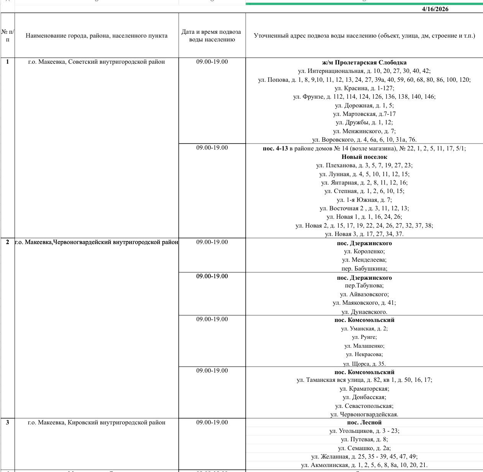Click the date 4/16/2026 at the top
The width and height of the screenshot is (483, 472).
tap(435, 9)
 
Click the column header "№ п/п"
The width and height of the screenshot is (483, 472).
tap(8, 36)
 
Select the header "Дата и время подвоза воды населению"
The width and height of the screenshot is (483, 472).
tap(212, 36)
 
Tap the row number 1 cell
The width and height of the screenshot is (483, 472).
tap(8, 62)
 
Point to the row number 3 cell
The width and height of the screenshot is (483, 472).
tap(8, 422)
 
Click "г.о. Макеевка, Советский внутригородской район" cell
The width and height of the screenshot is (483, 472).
tap(97, 62)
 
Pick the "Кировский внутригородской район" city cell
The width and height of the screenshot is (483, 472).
tap(97, 422)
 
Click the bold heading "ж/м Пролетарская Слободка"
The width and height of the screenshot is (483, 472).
tap(364, 63)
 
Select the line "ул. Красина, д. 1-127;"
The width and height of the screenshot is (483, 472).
tap(364, 88)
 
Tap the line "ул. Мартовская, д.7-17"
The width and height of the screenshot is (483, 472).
tap(364, 114)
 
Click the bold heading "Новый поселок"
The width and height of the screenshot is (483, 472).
tap(364, 157)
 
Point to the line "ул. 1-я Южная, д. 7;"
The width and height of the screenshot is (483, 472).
tap(364, 200)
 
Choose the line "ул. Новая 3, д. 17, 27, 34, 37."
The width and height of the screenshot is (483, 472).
tap(364, 234)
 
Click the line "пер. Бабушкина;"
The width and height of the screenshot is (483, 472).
tap(364, 269)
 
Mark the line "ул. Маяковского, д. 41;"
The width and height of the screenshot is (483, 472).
tap(364, 303)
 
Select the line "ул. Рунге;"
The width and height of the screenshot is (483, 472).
tap(364, 337)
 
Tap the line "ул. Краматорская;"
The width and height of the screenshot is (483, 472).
tap(364, 389)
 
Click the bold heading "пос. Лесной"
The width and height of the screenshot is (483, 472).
tap(364, 422)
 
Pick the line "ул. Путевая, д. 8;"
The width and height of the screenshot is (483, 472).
tap(364, 440)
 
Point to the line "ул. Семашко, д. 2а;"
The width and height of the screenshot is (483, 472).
tap(364, 448)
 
